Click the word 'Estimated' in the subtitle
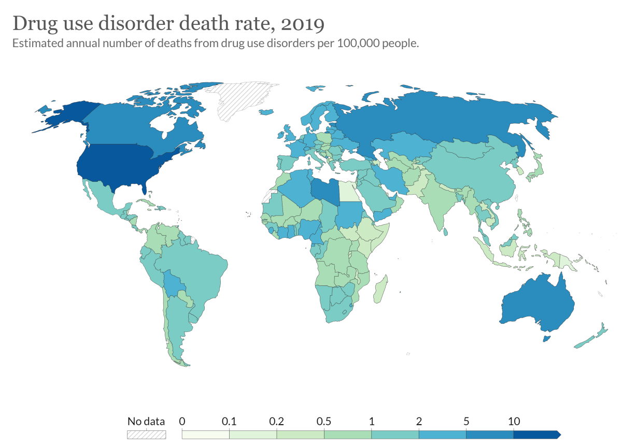(36, 44)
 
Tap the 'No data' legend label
(146, 421)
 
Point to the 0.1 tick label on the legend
(230, 421)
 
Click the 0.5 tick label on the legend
(324, 421)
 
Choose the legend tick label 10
(514, 421)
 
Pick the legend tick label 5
(466, 421)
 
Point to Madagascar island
(380, 290)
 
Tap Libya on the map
(325, 192)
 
